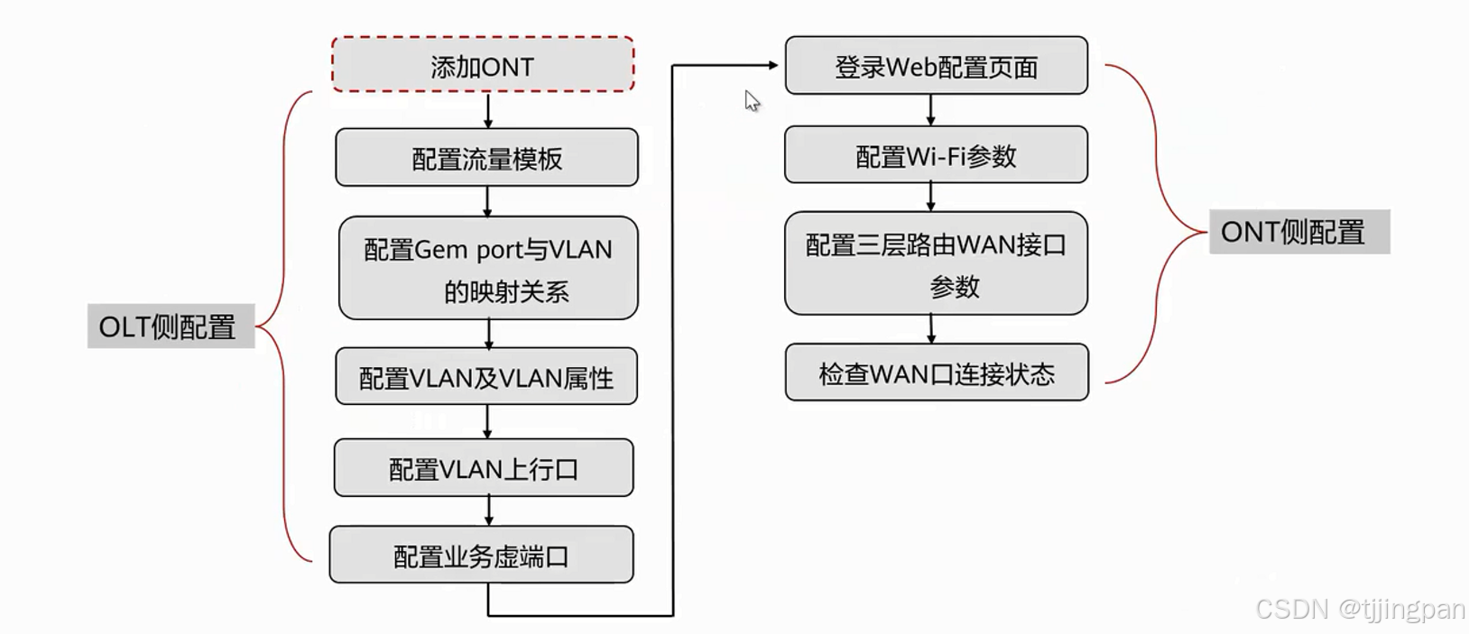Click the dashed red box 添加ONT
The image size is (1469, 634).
click(483, 65)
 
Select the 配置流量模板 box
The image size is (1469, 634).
click(486, 158)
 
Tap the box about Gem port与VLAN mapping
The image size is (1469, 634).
click(488, 269)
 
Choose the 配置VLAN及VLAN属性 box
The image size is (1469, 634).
click(486, 377)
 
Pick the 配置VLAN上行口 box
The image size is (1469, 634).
click(484, 468)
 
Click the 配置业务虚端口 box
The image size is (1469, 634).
click(481, 556)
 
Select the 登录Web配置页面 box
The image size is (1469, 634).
click(936, 66)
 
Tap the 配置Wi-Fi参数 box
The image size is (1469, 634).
click(936, 155)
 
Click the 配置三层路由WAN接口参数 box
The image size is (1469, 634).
click(936, 264)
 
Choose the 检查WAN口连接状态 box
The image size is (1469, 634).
click(937, 372)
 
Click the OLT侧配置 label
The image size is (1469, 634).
click(170, 326)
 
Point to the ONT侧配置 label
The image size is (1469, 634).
click(1298, 232)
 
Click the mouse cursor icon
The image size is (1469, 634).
click(752, 100)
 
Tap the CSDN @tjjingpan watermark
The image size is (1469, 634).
click(1360, 610)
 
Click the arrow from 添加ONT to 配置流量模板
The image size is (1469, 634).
click(488, 110)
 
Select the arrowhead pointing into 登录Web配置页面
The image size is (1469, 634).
click(771, 65)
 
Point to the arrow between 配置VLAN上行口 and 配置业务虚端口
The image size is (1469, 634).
click(489, 510)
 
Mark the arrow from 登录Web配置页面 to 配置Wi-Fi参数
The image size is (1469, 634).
click(931, 109)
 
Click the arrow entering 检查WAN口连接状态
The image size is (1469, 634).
click(931, 329)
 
